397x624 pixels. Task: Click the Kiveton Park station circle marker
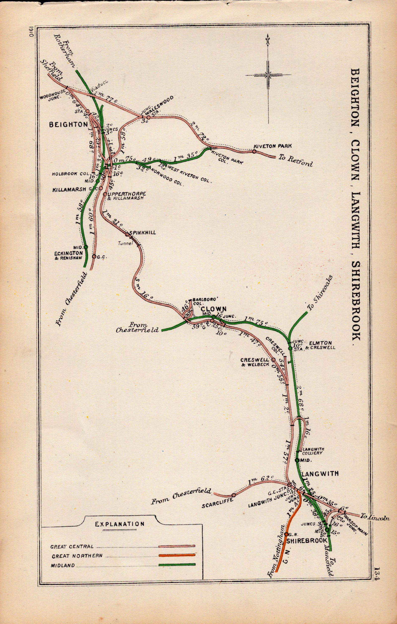254,151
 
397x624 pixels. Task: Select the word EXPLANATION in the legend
120,524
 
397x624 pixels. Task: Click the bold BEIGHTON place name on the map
68,125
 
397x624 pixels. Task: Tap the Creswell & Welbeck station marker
273,360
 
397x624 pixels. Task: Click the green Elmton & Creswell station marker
290,348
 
